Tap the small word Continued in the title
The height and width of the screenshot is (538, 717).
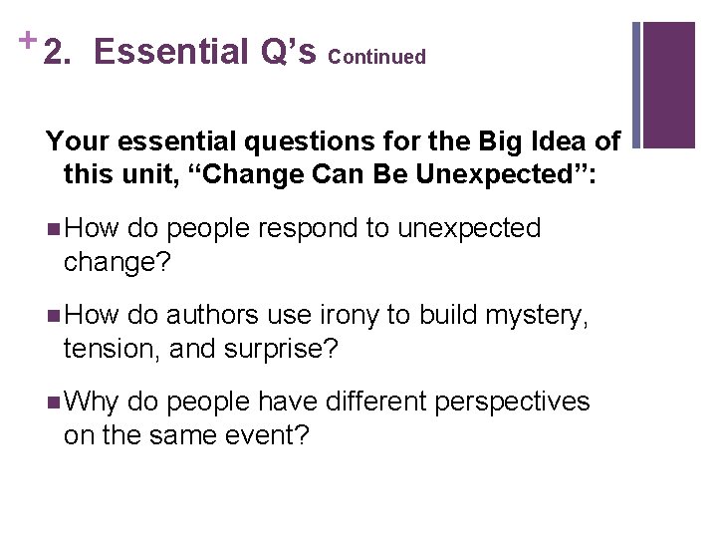[376, 57]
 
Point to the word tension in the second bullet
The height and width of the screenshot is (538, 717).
[111, 350]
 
